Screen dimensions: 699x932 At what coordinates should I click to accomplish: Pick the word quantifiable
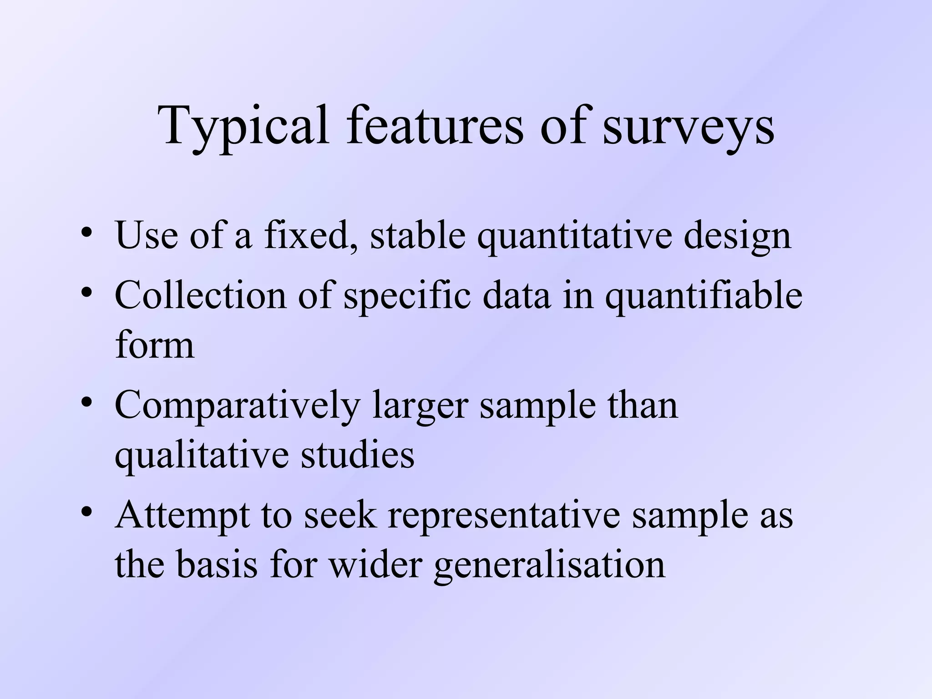point(704,296)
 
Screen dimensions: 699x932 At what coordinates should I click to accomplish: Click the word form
point(155,344)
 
